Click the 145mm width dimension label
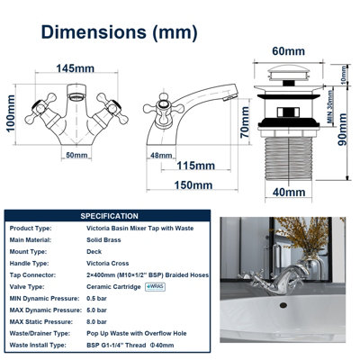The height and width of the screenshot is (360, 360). pyautogui.click(x=76, y=68)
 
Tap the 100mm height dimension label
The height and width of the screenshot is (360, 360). pyautogui.click(x=11, y=113)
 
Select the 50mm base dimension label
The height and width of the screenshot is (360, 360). pyautogui.click(x=76, y=155)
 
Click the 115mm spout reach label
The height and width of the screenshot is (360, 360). pyautogui.click(x=195, y=166)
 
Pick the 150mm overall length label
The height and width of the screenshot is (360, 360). pyautogui.click(x=193, y=185)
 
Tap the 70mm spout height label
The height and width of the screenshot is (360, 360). pyautogui.click(x=245, y=122)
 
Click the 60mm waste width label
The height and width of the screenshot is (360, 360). pyautogui.click(x=288, y=51)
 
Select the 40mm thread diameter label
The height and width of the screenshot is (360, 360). pyautogui.click(x=289, y=192)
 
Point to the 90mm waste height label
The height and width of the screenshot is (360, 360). pyautogui.click(x=342, y=130)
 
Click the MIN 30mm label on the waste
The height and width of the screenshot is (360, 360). pyautogui.click(x=330, y=107)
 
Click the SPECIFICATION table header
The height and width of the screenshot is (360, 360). pyautogui.click(x=109, y=216)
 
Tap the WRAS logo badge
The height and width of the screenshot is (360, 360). pyautogui.click(x=155, y=287)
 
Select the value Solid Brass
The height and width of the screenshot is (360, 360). pyautogui.click(x=103, y=240)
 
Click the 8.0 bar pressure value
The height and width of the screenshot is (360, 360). pyautogui.click(x=96, y=322)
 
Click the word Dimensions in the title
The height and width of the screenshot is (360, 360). pyautogui.click(x=94, y=31)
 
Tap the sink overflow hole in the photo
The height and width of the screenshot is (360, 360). pyautogui.click(x=283, y=305)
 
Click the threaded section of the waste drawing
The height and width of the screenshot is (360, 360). pyautogui.click(x=289, y=158)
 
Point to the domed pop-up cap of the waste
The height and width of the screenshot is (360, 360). pyautogui.click(x=288, y=72)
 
